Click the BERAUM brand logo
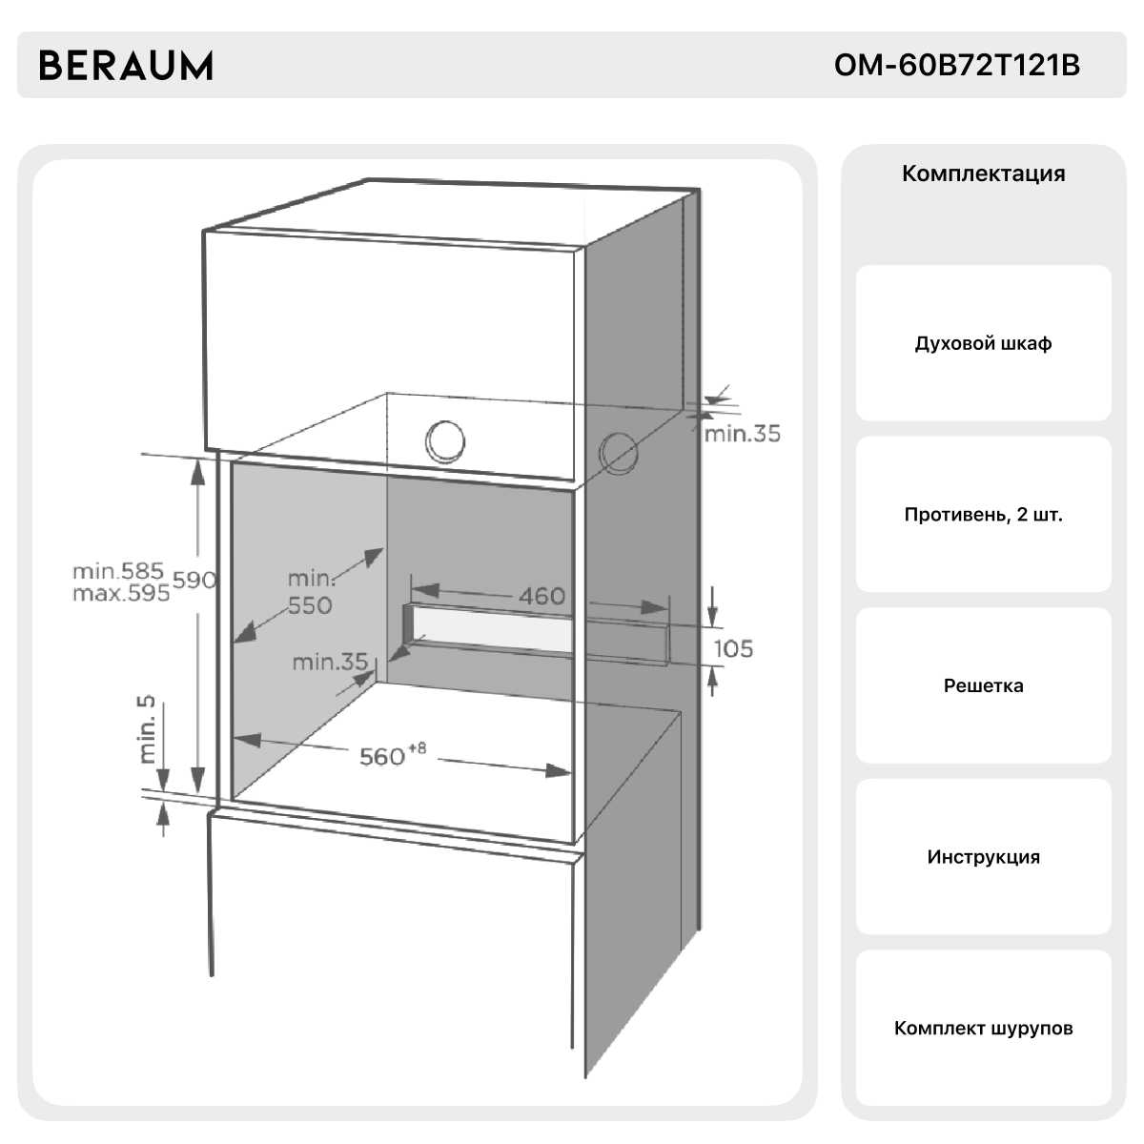click(x=125, y=66)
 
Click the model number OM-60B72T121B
click(x=956, y=66)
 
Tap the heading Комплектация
click(x=983, y=174)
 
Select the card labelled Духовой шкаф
click(x=983, y=343)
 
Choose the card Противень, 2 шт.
click(x=983, y=515)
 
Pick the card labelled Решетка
click(x=983, y=685)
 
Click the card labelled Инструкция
click(x=983, y=857)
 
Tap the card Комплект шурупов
click(x=983, y=1028)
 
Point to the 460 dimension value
click(x=541, y=596)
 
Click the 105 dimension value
click(x=733, y=648)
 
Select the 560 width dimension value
click(x=382, y=756)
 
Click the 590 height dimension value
click(x=194, y=580)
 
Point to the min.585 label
click(x=118, y=571)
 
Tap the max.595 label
click(x=121, y=593)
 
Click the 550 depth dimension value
click(x=310, y=605)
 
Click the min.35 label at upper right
click(x=742, y=434)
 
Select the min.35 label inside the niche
click(x=330, y=661)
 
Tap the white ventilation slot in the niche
click(x=496, y=629)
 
